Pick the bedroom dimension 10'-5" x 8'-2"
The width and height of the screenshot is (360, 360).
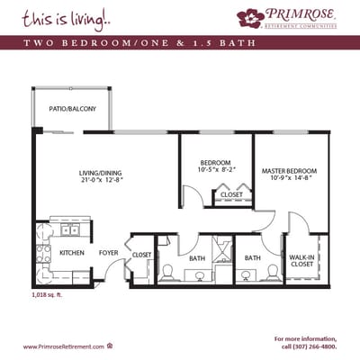tap(215, 168)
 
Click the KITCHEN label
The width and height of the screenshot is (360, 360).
tap(72, 253)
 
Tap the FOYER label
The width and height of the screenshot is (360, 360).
tap(109, 253)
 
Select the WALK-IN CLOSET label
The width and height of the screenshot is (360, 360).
tap(301, 260)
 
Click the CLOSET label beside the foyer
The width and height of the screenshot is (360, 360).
tap(142, 255)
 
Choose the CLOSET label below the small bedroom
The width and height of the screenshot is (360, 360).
tap(231, 194)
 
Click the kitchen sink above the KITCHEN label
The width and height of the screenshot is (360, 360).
tap(67, 229)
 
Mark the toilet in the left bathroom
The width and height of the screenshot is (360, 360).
tap(168, 271)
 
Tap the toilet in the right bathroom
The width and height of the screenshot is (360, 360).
tap(271, 271)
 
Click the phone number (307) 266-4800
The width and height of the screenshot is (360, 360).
tap(311, 346)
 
